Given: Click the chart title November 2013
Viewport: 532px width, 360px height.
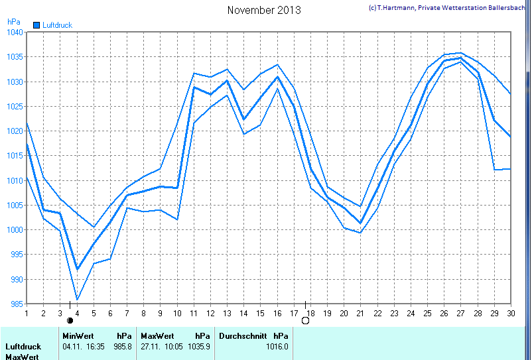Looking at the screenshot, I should [263, 10].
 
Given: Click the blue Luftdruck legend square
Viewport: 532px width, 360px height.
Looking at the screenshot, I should [36, 25].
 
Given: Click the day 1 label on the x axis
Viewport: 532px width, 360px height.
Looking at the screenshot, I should [27, 313].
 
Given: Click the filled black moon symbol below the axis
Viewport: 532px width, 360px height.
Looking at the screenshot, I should [70, 320].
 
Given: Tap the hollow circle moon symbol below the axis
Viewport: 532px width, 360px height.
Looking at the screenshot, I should [305, 321].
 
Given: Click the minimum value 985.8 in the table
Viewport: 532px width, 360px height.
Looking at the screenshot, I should [123, 346].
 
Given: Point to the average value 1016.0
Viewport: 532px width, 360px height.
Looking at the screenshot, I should [277, 346].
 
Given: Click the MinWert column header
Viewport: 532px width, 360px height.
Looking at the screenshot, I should [78, 336].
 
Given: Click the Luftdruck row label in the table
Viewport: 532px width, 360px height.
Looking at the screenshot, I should [23, 346].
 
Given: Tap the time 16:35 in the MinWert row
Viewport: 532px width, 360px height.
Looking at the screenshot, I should [93, 346].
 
